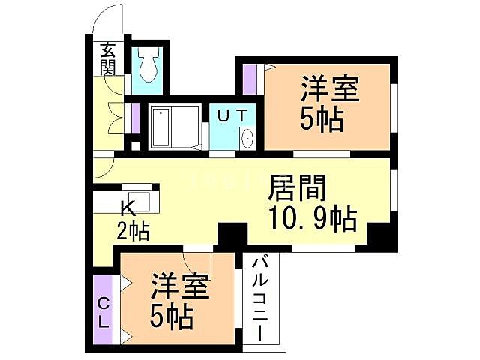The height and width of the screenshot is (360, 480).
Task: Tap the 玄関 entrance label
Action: click(x=108, y=59)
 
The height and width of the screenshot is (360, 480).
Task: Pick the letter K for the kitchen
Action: click(x=128, y=209)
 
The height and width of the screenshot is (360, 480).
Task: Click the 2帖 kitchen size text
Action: click(x=132, y=230)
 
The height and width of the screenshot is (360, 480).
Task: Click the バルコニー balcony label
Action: click(x=259, y=300)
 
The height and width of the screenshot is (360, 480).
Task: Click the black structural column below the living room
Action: click(x=232, y=234)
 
